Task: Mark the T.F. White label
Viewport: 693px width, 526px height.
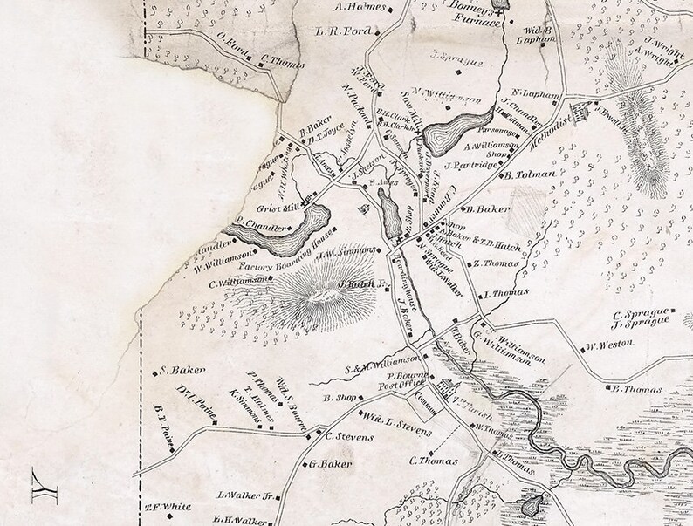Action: point(168,506)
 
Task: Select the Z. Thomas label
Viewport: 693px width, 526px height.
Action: point(492,263)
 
